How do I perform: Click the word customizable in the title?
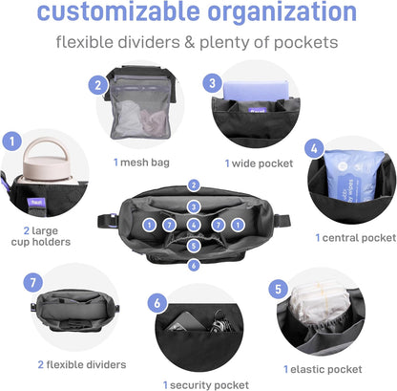tap(118, 12)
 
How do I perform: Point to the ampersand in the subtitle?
tap(190, 42)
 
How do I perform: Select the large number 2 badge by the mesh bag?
tap(97, 85)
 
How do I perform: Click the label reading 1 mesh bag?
tap(141, 163)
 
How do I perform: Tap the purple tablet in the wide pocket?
tap(256, 91)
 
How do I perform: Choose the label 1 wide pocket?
tap(259, 163)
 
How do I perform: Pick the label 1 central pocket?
tap(356, 238)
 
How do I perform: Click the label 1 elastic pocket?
tap(323, 369)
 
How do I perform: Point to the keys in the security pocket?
tap(219, 322)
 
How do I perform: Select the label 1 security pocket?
tap(206, 385)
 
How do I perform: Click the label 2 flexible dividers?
tap(82, 364)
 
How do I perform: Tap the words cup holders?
tap(41, 242)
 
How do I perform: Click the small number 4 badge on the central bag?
tap(194, 225)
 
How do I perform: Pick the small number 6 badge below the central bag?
tap(194, 265)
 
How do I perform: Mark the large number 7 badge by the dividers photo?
tap(33, 283)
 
